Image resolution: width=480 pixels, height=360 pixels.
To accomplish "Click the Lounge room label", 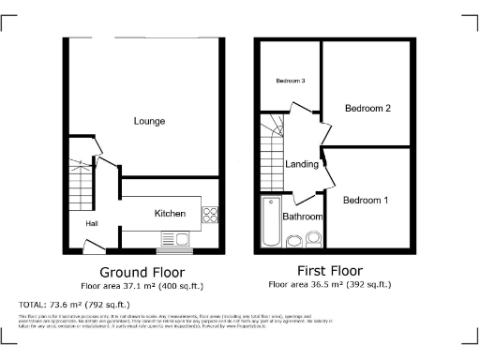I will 149,121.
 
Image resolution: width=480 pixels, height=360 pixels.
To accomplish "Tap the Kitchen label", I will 171,214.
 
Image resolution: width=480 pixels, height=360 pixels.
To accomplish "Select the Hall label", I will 93,224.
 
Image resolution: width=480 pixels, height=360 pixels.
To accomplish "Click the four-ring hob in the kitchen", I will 210,214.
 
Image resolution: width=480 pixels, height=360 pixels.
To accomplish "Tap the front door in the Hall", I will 95,247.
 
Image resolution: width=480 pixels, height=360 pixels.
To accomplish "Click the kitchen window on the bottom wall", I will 174,250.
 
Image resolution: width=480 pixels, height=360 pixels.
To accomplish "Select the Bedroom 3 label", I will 290,82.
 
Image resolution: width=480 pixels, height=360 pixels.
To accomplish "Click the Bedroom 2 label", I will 367,108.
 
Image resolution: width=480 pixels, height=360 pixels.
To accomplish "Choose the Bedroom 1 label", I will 365,201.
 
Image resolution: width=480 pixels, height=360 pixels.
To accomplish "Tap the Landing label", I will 302,164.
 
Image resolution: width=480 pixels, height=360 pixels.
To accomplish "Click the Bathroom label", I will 303,217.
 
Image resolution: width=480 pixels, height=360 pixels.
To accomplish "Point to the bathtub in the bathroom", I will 270,223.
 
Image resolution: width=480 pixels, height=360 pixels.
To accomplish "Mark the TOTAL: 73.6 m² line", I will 79,306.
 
